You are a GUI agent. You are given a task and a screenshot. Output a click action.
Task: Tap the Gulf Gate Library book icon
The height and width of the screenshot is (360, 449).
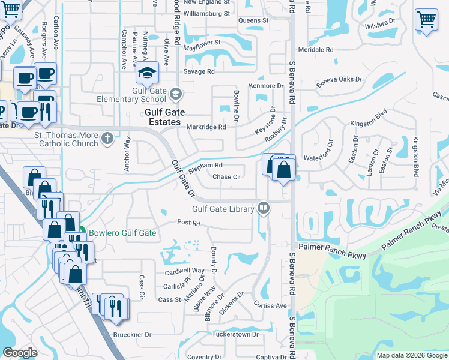pos(262,208)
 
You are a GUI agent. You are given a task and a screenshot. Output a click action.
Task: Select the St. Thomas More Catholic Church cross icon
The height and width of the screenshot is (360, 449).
pos(107,139)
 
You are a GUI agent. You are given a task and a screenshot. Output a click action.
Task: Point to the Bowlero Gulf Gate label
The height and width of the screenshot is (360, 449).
pos(122,233)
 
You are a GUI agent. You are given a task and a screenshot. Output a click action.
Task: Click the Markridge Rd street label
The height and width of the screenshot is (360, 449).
pos(206,127)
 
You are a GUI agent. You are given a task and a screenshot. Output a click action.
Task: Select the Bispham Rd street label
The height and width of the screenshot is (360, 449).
pos(205,166)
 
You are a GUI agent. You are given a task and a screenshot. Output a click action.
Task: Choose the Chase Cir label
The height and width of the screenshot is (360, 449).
pos(227,177)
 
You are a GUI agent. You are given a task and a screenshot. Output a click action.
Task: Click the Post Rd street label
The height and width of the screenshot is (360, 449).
pos(188,223)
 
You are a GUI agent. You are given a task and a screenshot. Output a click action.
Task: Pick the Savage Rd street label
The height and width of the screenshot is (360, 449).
pos(199,72)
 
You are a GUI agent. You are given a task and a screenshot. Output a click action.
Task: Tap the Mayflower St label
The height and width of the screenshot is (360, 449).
pos(202,43)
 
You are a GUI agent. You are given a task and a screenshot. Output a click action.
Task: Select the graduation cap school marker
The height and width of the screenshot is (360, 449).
pos(146,74)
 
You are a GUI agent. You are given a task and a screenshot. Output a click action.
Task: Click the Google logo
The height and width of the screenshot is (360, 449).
pos(20,353)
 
